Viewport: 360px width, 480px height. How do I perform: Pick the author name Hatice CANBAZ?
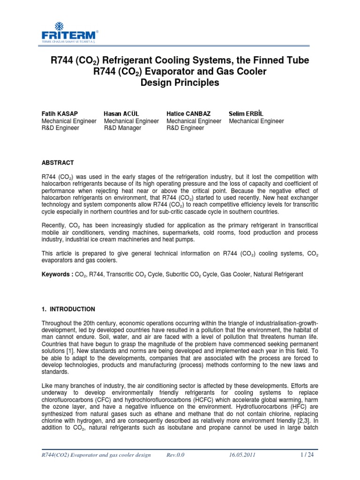click(x=188, y=113)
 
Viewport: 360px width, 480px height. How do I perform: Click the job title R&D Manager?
click(x=122, y=128)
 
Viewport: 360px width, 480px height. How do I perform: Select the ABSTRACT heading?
click(x=58, y=163)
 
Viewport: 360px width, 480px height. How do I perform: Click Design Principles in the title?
click(x=180, y=83)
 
